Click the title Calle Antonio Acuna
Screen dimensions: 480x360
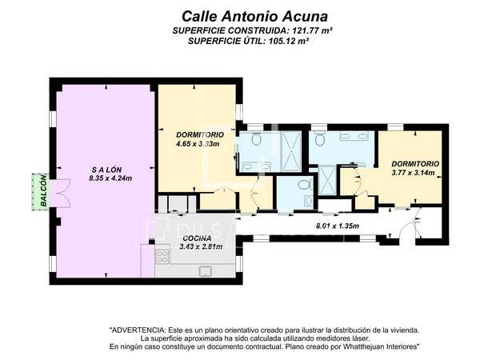[254, 16]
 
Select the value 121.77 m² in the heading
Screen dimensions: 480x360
[312, 30]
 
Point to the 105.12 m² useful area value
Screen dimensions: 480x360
[288, 41]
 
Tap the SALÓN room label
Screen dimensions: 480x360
[107, 170]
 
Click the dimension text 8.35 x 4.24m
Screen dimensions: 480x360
[110, 178]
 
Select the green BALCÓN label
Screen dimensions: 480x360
[44, 190]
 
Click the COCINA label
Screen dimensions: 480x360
[197, 238]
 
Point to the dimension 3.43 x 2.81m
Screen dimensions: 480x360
[201, 246]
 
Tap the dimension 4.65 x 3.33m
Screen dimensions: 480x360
[198, 143]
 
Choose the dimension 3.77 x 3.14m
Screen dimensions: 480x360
[414, 173]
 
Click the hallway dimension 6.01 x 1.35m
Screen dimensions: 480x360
[338, 226]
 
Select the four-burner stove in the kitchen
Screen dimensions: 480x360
[162, 257]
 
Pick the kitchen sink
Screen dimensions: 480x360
[205, 271]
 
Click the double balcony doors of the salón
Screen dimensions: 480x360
[62, 194]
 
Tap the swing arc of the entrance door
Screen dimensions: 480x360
[403, 229]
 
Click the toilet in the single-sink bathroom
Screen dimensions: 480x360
[305, 185]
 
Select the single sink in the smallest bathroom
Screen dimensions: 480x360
[309, 201]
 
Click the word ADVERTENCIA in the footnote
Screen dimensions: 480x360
[137, 330]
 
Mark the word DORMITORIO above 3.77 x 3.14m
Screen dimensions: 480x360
[415, 164]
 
